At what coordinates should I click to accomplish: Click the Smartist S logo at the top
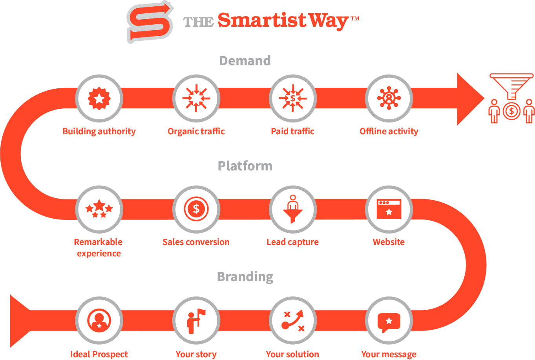pyautogui.click(x=150, y=22)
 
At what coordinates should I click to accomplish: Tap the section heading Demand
pyautogui.click(x=245, y=61)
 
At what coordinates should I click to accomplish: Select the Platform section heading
pyautogui.click(x=245, y=166)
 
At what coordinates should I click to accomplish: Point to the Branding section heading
pyautogui.click(x=245, y=277)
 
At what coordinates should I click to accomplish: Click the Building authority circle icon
pyautogui.click(x=99, y=98)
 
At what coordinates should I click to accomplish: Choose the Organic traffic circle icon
pyautogui.click(x=196, y=98)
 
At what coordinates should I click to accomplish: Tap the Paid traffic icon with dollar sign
pyautogui.click(x=292, y=98)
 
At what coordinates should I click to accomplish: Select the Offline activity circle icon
pyautogui.click(x=389, y=98)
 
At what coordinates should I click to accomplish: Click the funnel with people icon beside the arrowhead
pyautogui.click(x=511, y=98)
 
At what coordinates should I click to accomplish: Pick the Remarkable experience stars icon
pyautogui.click(x=99, y=209)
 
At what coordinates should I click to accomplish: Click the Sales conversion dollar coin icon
pyautogui.click(x=196, y=209)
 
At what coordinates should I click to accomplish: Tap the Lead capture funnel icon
pyautogui.click(x=292, y=209)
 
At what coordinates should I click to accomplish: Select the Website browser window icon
pyautogui.click(x=389, y=209)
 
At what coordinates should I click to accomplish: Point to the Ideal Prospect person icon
pyautogui.click(x=99, y=321)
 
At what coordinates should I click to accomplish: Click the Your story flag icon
pyautogui.click(x=196, y=321)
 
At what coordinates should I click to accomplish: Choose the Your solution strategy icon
pyautogui.click(x=292, y=321)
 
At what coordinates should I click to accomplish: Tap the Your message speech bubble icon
pyautogui.click(x=389, y=321)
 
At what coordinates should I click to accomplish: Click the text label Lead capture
pyautogui.click(x=292, y=242)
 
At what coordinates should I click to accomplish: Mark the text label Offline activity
pyautogui.click(x=389, y=132)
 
